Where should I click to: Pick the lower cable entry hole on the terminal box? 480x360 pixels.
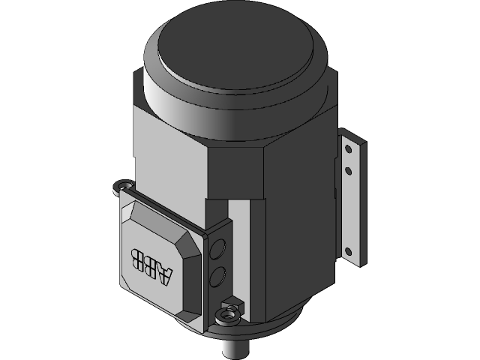217,277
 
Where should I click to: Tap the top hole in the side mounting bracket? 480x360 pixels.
347,148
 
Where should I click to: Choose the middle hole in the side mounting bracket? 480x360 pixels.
347,171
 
